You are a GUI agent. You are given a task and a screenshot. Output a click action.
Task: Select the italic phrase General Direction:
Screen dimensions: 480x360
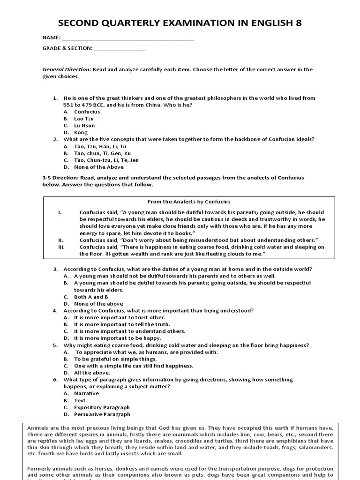[67, 69]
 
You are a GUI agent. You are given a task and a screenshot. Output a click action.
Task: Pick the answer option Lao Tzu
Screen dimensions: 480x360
[84, 119]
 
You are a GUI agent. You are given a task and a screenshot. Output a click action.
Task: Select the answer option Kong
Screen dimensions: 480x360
[81, 133]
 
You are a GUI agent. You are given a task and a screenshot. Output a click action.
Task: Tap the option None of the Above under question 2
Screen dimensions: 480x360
[99, 167]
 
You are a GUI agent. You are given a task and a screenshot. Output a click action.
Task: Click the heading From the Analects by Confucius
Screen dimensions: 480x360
[189, 202]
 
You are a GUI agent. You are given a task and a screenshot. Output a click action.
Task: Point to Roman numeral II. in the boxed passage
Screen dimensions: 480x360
[60, 240]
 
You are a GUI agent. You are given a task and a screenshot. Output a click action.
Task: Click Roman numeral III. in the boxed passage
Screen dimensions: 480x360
[60, 247]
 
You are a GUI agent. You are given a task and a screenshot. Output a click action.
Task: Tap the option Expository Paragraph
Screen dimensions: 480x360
[102, 407]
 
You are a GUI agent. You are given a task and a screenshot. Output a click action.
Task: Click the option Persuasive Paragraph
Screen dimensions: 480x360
[102, 414]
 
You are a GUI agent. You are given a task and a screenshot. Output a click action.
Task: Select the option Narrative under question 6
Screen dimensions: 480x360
[87, 393]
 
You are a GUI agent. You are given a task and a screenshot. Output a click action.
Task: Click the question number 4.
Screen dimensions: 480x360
[55, 310]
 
